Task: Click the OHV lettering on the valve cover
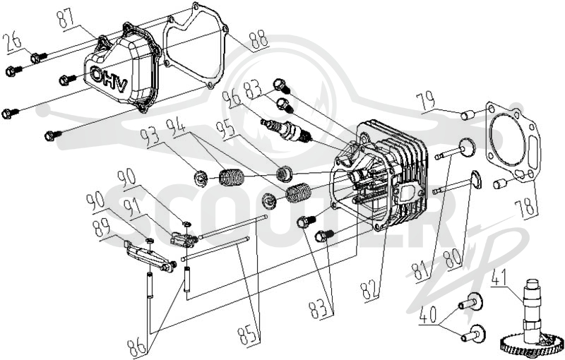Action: (x=109, y=80)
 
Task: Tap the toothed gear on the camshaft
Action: (x=532, y=344)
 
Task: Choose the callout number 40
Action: (x=429, y=316)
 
